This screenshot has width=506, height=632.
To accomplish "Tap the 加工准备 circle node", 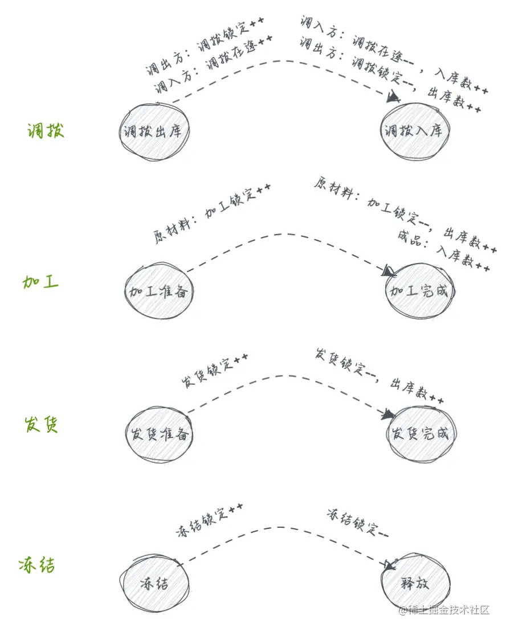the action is tap(159, 292).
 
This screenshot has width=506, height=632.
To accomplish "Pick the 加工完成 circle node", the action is tap(420, 292).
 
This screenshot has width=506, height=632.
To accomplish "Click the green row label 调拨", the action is tap(46, 131).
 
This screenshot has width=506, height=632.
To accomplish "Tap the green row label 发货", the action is tap(41, 425).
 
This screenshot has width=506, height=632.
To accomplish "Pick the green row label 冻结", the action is tap(36, 565).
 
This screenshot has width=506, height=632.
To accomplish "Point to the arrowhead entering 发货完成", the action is tap(390, 413).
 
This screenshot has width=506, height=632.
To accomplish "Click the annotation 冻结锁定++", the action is tap(210, 520).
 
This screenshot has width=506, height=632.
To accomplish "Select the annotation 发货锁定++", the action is tap(215, 371).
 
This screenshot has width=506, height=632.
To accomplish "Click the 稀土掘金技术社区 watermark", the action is tap(444, 610).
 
